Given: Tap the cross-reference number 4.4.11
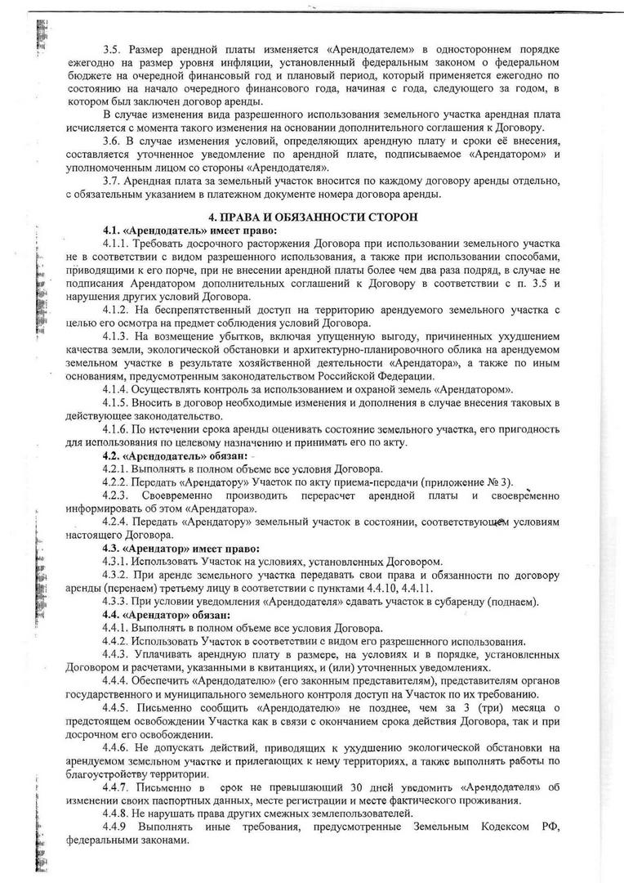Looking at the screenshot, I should (414, 589).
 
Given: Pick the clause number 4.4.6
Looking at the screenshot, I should (118, 747).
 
